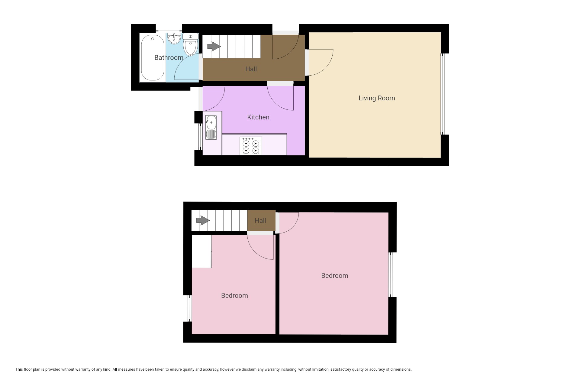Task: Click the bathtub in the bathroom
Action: coord(153,58)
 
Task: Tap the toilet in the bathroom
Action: coord(190,45)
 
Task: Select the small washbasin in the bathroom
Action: coord(174,38)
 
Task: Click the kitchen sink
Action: coord(211,127)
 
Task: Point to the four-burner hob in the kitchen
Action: coord(251,146)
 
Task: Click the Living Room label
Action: coord(377,98)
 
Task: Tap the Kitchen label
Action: coord(258,117)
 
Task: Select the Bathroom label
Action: coord(169,57)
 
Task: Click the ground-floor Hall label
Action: coord(251,69)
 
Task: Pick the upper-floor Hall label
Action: coord(260,220)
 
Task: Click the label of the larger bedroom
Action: coord(334,275)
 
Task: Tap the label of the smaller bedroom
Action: coord(234,295)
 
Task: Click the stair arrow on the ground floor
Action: coord(214,46)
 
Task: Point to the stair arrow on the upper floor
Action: coord(203,220)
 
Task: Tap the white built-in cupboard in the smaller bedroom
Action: coord(202,251)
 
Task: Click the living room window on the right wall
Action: coord(443,94)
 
